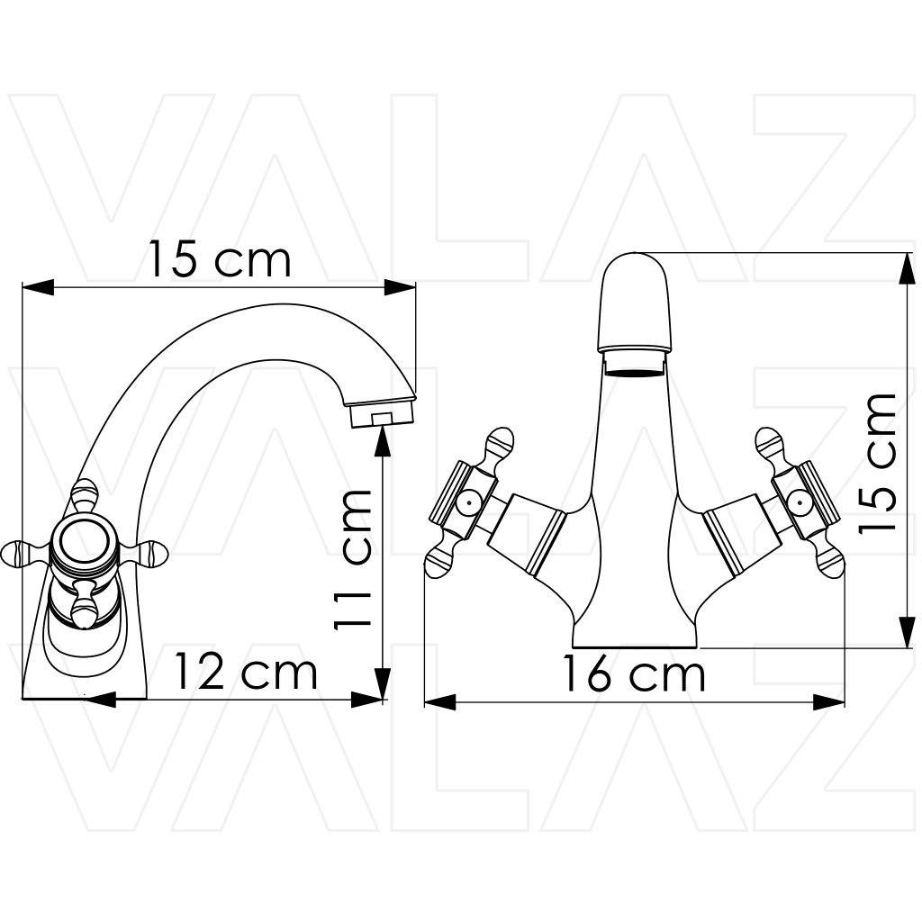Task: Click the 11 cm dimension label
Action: click(x=353, y=561)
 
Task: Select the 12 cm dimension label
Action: click(x=246, y=672)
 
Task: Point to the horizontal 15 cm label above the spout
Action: click(x=220, y=258)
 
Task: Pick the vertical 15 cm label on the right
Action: click(x=877, y=463)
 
